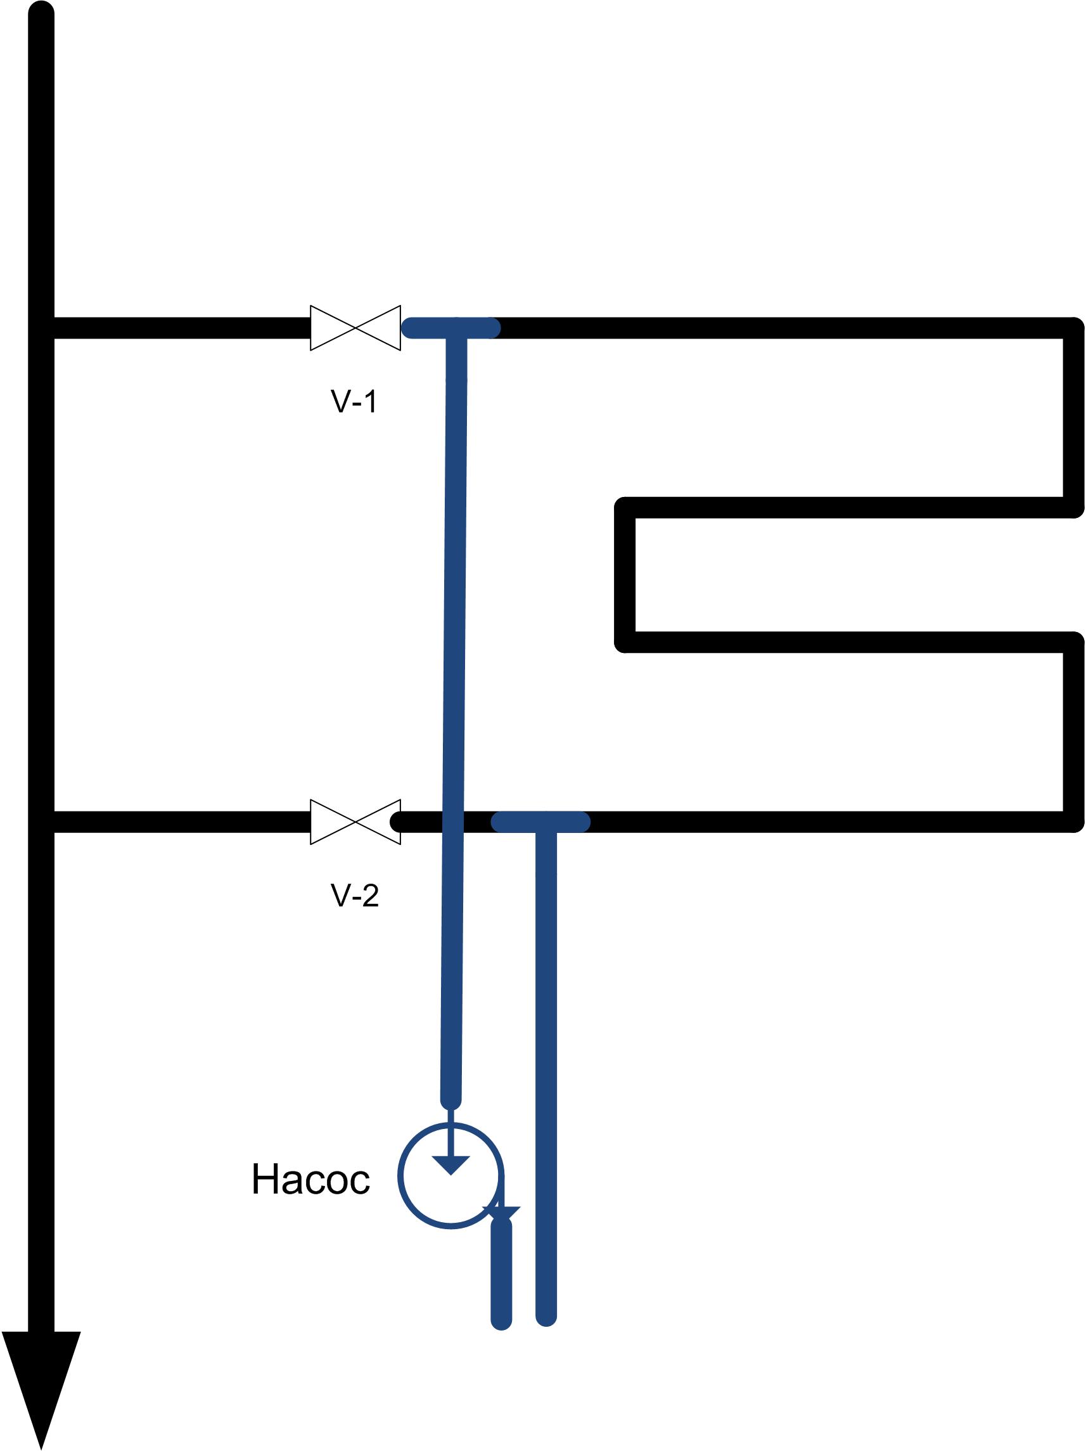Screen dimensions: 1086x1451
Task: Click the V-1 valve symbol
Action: click(x=355, y=327)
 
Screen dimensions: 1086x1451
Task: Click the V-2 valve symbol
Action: click(x=355, y=822)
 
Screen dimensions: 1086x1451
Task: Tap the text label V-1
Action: click(x=354, y=401)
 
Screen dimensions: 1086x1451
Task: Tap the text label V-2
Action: click(x=355, y=896)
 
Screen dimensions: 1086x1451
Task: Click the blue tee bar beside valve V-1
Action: click(x=451, y=327)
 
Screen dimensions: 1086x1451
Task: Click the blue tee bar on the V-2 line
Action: click(x=540, y=822)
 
